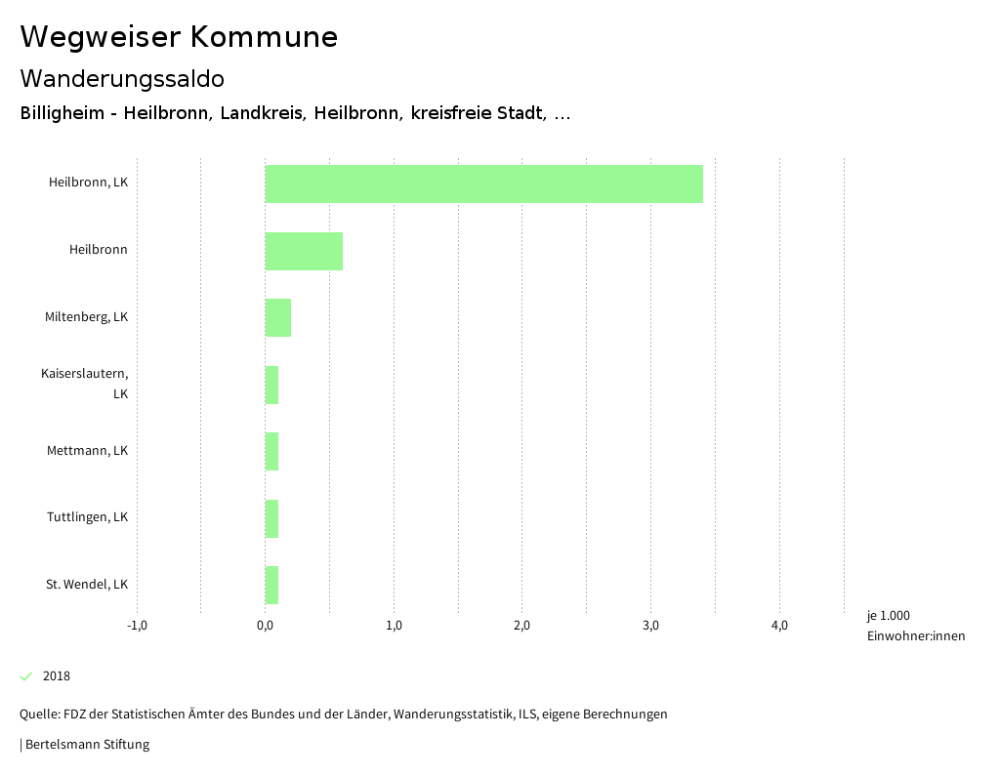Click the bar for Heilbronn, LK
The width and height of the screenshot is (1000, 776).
(x=483, y=184)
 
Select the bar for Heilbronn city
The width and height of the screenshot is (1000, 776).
(x=304, y=251)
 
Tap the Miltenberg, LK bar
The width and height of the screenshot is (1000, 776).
(x=278, y=317)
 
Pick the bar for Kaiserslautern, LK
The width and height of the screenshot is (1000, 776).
(x=271, y=385)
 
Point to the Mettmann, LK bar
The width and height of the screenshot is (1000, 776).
(x=271, y=451)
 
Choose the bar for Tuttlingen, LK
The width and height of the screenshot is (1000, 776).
(x=271, y=518)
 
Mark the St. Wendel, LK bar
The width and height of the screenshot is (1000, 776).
(x=271, y=585)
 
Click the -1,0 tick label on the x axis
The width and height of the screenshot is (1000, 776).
(x=137, y=626)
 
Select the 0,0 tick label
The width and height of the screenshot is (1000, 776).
(x=265, y=626)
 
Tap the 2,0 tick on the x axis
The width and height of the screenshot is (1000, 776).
(x=521, y=626)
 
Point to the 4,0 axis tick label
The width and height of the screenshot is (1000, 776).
(x=779, y=626)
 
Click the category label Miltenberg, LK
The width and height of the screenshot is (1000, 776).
(x=86, y=317)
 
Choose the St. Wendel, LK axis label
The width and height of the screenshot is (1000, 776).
(x=87, y=585)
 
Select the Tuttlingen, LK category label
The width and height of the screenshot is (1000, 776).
(x=87, y=517)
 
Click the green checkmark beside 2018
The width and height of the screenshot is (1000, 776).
(x=26, y=676)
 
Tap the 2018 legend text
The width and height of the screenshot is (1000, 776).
(x=57, y=676)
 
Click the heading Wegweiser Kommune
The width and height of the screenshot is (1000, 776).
(x=179, y=37)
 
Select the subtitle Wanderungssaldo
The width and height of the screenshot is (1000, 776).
(x=122, y=78)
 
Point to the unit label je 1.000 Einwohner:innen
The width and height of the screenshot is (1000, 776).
(x=915, y=626)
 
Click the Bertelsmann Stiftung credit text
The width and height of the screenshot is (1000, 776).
(x=86, y=745)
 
